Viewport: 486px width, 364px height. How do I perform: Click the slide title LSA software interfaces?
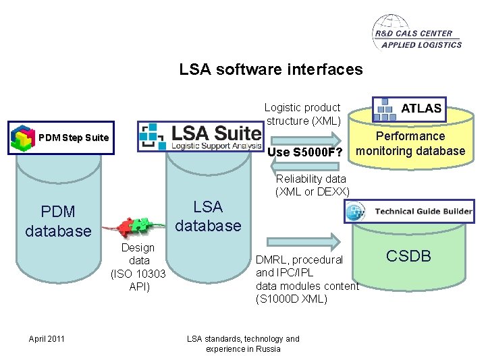pos(271,69)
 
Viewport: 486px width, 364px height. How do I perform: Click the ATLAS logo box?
pos(410,107)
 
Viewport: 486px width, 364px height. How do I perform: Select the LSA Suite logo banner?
pos(200,137)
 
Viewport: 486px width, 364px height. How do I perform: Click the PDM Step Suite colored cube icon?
pos(24,138)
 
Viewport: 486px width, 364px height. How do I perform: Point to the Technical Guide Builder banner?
pos(408,212)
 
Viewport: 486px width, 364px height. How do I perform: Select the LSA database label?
pos(207,216)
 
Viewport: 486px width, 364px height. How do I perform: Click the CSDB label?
pos(408,255)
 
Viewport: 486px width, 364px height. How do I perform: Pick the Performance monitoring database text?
pos(410,144)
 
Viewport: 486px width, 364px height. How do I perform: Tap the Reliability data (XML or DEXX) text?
pos(312,185)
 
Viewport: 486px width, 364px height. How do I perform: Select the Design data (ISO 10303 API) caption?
pos(138,267)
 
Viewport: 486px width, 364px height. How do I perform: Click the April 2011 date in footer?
pos(47,338)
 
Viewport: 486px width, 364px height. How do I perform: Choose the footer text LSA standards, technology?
pos(243,344)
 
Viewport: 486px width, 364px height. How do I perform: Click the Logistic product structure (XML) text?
pos(302,114)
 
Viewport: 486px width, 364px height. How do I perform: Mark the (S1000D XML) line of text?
pos(292,299)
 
